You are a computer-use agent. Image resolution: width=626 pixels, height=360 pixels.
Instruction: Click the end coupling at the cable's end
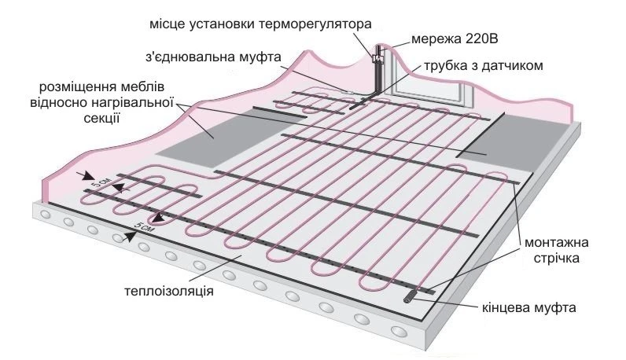[415, 296]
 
